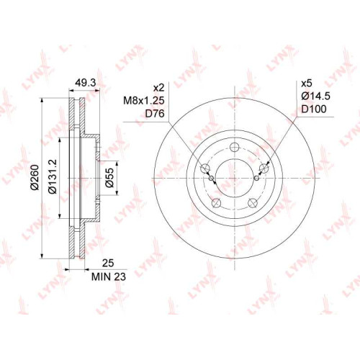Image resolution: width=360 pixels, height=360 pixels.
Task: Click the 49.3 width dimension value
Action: [x=85, y=83]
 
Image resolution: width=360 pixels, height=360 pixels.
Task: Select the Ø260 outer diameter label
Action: [x=35, y=177]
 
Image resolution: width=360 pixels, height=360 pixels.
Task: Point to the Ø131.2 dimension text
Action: [x=53, y=176]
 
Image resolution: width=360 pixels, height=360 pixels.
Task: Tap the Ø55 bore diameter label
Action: [x=109, y=178]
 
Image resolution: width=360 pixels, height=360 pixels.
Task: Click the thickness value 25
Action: [x=108, y=263]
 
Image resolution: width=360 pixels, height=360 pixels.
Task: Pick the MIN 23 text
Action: [x=109, y=276]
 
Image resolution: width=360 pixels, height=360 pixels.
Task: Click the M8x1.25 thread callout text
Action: [x=144, y=101]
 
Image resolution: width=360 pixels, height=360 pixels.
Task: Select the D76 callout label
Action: [x=155, y=114]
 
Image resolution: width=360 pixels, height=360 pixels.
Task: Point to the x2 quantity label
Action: [x=159, y=88]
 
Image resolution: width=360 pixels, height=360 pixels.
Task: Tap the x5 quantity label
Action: [x=307, y=84]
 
